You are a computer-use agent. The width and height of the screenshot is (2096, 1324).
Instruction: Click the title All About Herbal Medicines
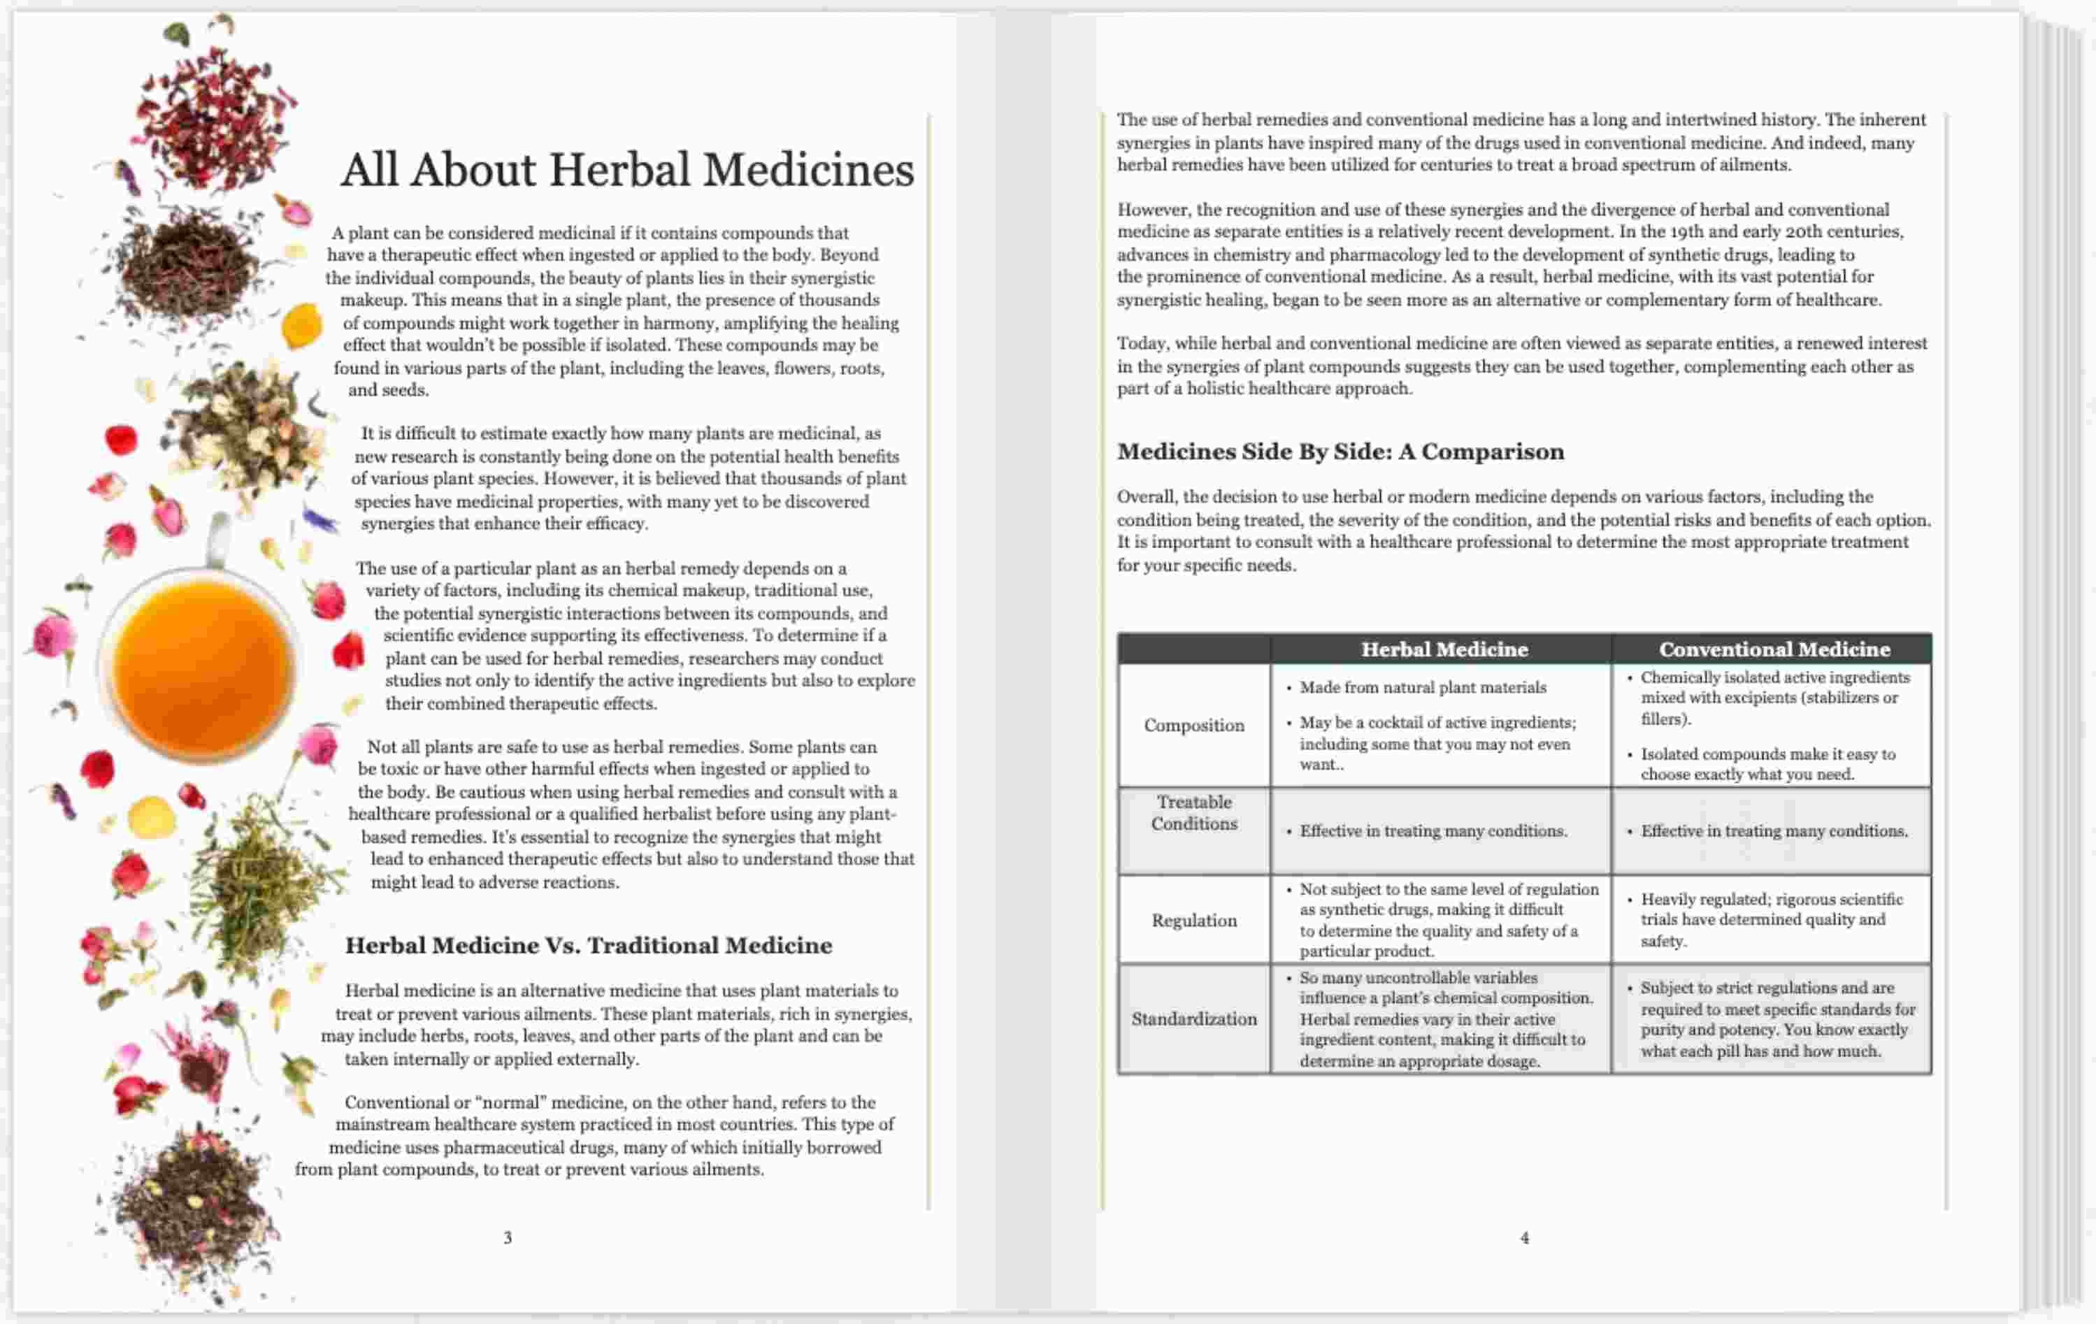coord(626,169)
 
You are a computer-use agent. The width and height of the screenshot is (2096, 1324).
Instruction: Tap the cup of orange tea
coord(202,666)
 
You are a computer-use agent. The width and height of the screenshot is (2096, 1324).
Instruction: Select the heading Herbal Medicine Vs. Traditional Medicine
coord(589,945)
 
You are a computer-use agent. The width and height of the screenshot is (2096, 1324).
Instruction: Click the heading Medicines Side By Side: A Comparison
coord(1340,452)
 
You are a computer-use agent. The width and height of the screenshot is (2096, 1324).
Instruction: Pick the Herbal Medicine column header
coord(1444,649)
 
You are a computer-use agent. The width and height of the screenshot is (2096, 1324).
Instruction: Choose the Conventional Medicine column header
coord(1774,649)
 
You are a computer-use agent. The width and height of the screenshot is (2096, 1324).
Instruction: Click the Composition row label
coord(1193,725)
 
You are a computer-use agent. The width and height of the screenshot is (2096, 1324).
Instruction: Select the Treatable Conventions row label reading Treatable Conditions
coord(1193,813)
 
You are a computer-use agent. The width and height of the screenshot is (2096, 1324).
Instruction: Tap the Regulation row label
coord(1193,920)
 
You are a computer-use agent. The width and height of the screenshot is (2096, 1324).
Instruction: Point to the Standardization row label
coord(1193,1019)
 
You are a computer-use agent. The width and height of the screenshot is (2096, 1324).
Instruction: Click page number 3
coord(508,1237)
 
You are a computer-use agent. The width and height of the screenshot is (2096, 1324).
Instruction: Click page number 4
coord(1524,1237)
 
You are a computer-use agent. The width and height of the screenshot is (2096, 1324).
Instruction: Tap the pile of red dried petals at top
coord(213,117)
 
